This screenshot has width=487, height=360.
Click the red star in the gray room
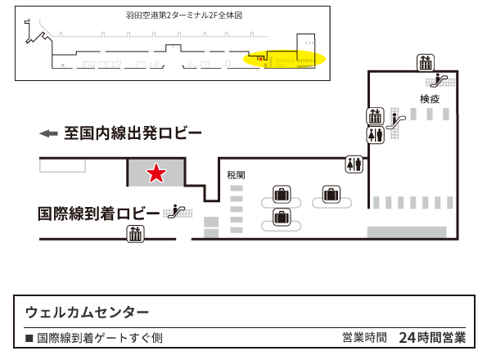click(x=156, y=173)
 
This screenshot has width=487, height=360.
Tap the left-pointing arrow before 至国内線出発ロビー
click(x=48, y=133)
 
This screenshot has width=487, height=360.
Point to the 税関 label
click(x=236, y=175)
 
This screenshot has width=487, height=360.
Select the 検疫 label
click(x=430, y=99)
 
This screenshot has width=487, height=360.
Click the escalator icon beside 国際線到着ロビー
click(x=177, y=211)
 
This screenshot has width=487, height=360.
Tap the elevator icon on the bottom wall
click(x=135, y=234)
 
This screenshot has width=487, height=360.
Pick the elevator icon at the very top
click(x=426, y=63)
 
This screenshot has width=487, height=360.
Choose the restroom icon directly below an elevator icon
click(x=376, y=135)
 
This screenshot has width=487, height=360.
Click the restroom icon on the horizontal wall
click(x=354, y=164)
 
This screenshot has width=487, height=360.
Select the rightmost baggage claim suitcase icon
click(x=331, y=195)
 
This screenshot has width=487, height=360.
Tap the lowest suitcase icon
click(x=282, y=217)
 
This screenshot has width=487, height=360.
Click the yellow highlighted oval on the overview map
click(x=284, y=59)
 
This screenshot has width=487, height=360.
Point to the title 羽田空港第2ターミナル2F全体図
click(x=184, y=16)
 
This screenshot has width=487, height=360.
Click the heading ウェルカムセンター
click(x=87, y=313)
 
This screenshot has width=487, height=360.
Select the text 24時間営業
click(x=432, y=338)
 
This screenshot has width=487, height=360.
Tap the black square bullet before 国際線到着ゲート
click(x=29, y=338)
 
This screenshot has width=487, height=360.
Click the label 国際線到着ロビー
click(x=99, y=214)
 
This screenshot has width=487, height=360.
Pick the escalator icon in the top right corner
click(x=440, y=80)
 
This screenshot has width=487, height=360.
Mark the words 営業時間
click(x=364, y=338)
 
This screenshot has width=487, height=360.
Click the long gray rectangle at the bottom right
click(x=407, y=232)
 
